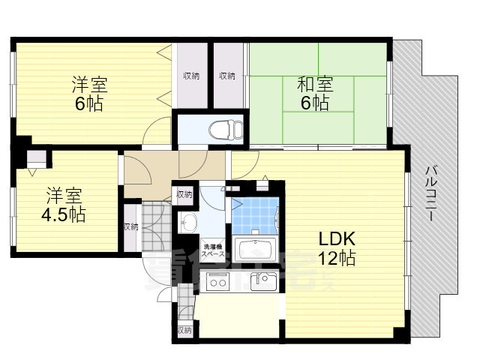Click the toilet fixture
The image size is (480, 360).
click(x=223, y=128)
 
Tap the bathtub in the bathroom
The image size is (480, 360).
click(x=255, y=248)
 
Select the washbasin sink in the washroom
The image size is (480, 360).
click(x=188, y=222)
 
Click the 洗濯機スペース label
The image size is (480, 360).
click(x=213, y=250)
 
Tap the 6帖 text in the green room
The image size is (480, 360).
click(x=316, y=103)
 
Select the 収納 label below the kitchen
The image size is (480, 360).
click(x=184, y=329)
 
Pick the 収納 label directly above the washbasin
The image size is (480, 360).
click(x=184, y=195)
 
